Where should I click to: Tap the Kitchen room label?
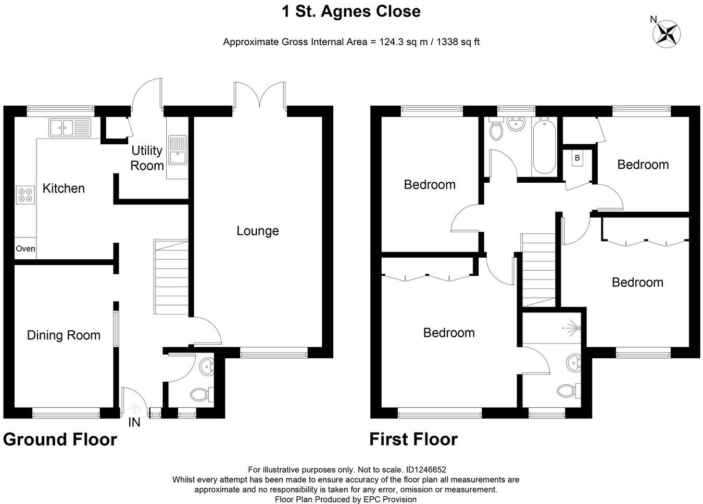tap(64, 188)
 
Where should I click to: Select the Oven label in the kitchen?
tap(25, 249)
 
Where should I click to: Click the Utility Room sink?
tap(178, 149)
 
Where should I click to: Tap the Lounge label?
tap(258, 231)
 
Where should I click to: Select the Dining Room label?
tap(64, 335)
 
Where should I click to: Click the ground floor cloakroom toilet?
tap(200, 395)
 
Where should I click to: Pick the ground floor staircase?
tap(171, 277)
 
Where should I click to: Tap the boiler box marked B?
tap(577, 158)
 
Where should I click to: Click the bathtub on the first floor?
tap(544, 146)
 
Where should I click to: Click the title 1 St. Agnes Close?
tap(351, 11)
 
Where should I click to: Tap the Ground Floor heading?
tap(60, 439)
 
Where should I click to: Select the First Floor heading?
tap(413, 439)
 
